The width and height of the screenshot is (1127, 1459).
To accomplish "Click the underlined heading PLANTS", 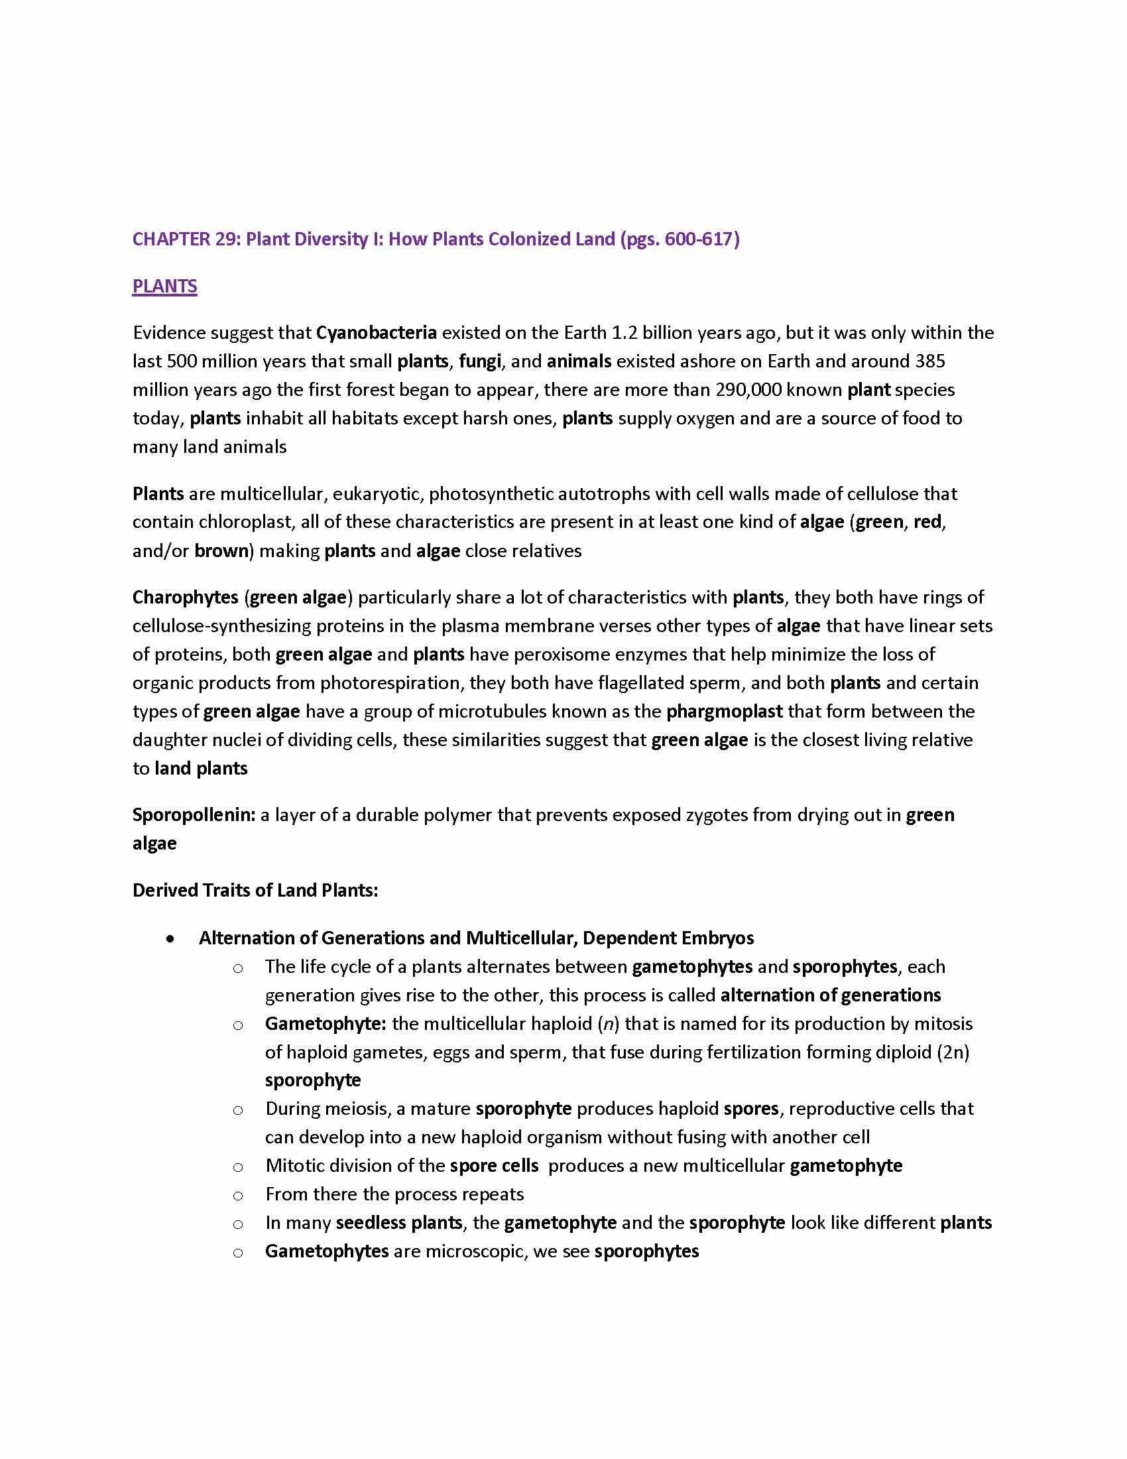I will (x=164, y=286).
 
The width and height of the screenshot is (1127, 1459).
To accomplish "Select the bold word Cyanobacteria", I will (x=377, y=332).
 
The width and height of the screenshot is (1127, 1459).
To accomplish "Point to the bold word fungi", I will (x=479, y=361).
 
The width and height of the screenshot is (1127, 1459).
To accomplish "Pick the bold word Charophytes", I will (x=185, y=598).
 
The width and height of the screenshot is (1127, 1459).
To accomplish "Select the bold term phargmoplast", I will (x=725, y=712).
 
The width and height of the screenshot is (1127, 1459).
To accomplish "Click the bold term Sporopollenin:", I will (x=194, y=815).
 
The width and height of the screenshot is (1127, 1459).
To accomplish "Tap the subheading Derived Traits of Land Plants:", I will (x=255, y=891).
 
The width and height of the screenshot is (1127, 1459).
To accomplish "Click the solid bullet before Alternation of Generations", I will (x=172, y=938).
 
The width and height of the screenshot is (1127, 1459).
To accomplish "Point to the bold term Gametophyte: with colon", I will (x=325, y=1024).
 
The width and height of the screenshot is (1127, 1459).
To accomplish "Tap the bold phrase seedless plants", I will (x=398, y=1223).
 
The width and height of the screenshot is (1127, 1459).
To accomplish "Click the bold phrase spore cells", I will (x=494, y=1166).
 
